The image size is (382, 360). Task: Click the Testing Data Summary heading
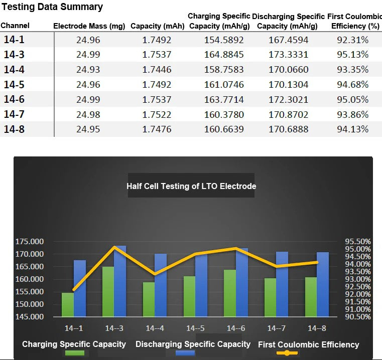pos(52,7)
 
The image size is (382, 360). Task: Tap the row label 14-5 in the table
pos(14,84)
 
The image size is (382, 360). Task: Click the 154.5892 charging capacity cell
pos(223,40)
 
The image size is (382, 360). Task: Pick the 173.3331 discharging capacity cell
pos(289,54)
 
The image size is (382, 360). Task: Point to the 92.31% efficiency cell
pos(352,40)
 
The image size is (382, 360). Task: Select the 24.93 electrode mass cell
pos(89,69)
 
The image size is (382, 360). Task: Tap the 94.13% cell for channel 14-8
pos(352,129)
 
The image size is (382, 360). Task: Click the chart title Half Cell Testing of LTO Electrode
pos(191,186)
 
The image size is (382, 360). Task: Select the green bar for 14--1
pos(67,304)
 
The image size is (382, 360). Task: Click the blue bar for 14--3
pos(120,281)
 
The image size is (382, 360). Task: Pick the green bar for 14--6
pos(230,293)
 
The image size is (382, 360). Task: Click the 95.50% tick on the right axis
pos(358,242)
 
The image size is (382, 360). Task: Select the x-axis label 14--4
pos(155,328)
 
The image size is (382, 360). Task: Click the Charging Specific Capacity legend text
pos(74,344)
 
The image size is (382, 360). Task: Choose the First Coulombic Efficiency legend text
pos(308,344)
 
